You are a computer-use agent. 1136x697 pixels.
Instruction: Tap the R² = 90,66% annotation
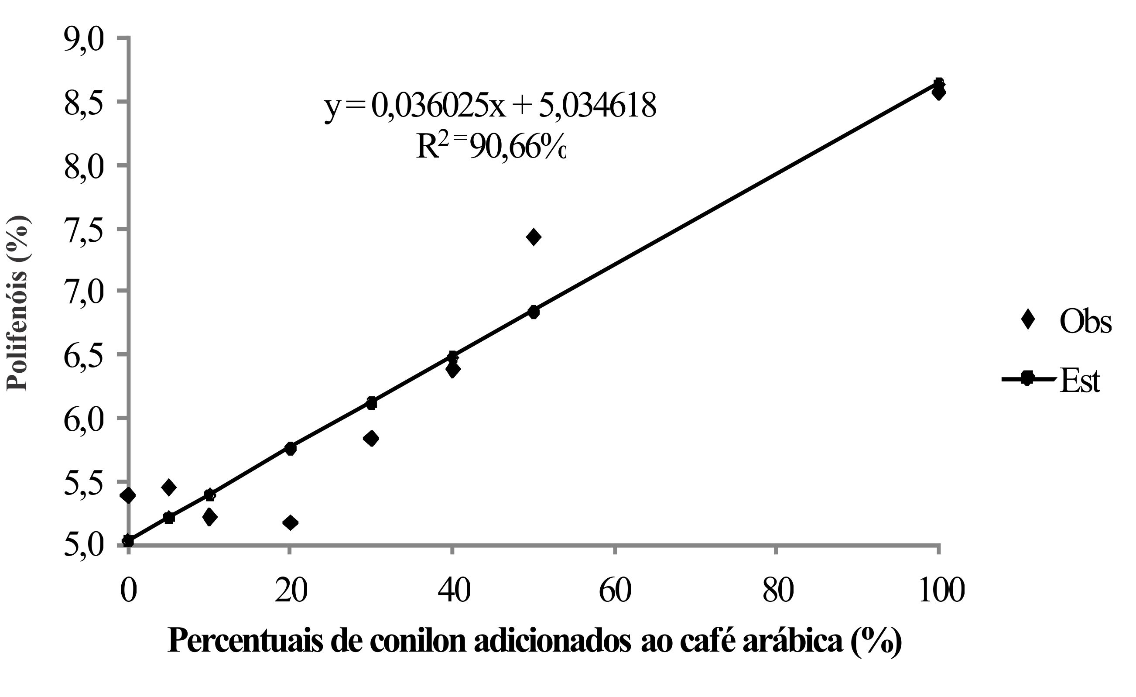[490, 148]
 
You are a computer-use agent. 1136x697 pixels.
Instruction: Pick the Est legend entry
[1056, 380]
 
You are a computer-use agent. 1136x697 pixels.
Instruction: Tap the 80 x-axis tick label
[778, 591]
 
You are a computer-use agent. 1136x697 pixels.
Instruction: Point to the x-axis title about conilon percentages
[535, 641]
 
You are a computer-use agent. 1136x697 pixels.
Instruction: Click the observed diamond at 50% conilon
[534, 237]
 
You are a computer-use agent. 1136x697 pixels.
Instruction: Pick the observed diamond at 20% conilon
[291, 522]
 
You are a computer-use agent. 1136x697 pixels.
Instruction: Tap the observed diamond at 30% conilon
[371, 438]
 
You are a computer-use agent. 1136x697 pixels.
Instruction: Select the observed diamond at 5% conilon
[169, 487]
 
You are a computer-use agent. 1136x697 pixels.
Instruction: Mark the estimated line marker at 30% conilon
[372, 403]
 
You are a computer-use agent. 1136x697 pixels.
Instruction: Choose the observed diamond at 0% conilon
[129, 496]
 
